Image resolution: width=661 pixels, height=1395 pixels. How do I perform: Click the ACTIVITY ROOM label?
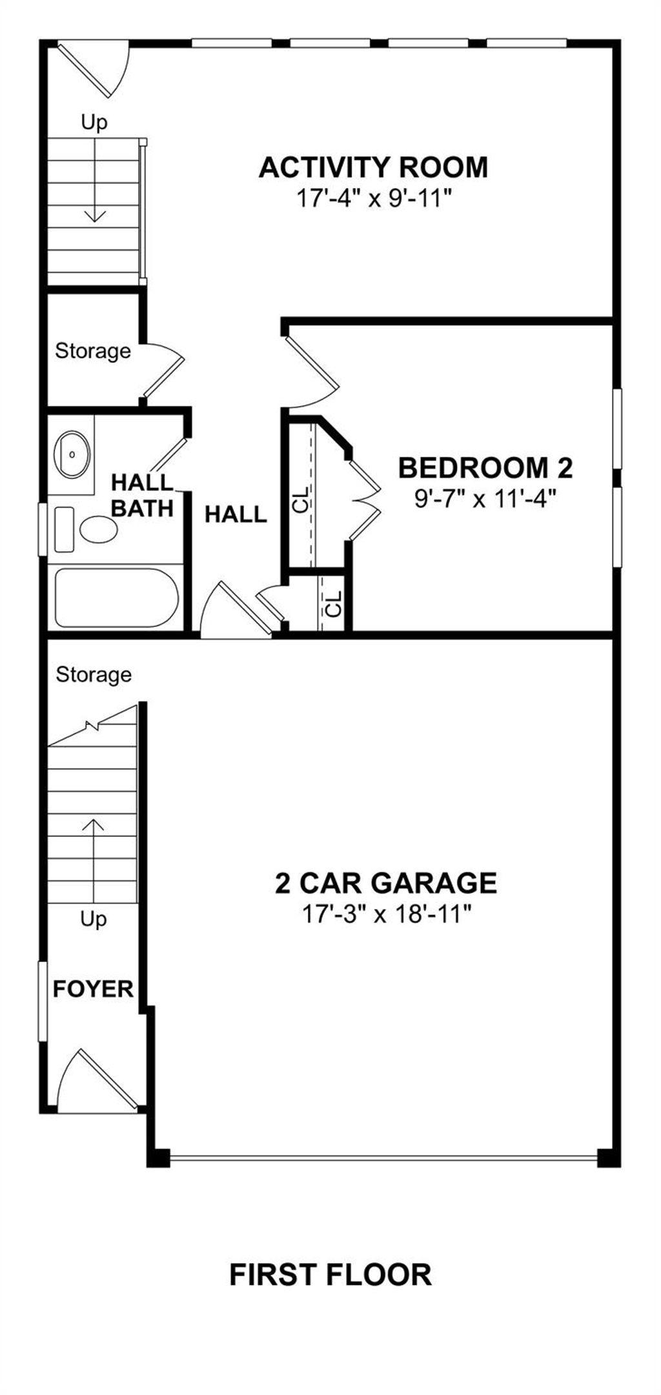coord(373,167)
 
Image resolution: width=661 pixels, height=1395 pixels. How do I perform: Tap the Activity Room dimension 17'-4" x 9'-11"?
coord(372,198)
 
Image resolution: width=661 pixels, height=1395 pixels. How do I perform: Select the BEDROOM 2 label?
coord(485,468)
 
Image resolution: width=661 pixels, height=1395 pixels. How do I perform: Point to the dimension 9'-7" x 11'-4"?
coord(485,498)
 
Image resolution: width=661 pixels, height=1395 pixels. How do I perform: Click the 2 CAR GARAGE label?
coord(386,882)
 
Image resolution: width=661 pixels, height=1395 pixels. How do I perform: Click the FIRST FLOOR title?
coord(330,1275)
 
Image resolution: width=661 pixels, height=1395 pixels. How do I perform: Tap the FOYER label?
coord(93,989)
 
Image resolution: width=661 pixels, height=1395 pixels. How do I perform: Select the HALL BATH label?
coord(142,495)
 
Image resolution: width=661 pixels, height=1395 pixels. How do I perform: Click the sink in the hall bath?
coord(72,454)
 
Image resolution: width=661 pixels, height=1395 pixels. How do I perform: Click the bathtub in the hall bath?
coord(116,597)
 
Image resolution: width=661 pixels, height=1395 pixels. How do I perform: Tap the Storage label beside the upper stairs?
coord(93,351)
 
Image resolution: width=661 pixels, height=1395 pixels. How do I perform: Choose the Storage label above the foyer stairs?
coord(94,675)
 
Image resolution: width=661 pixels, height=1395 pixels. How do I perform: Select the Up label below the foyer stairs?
coord(94,919)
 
